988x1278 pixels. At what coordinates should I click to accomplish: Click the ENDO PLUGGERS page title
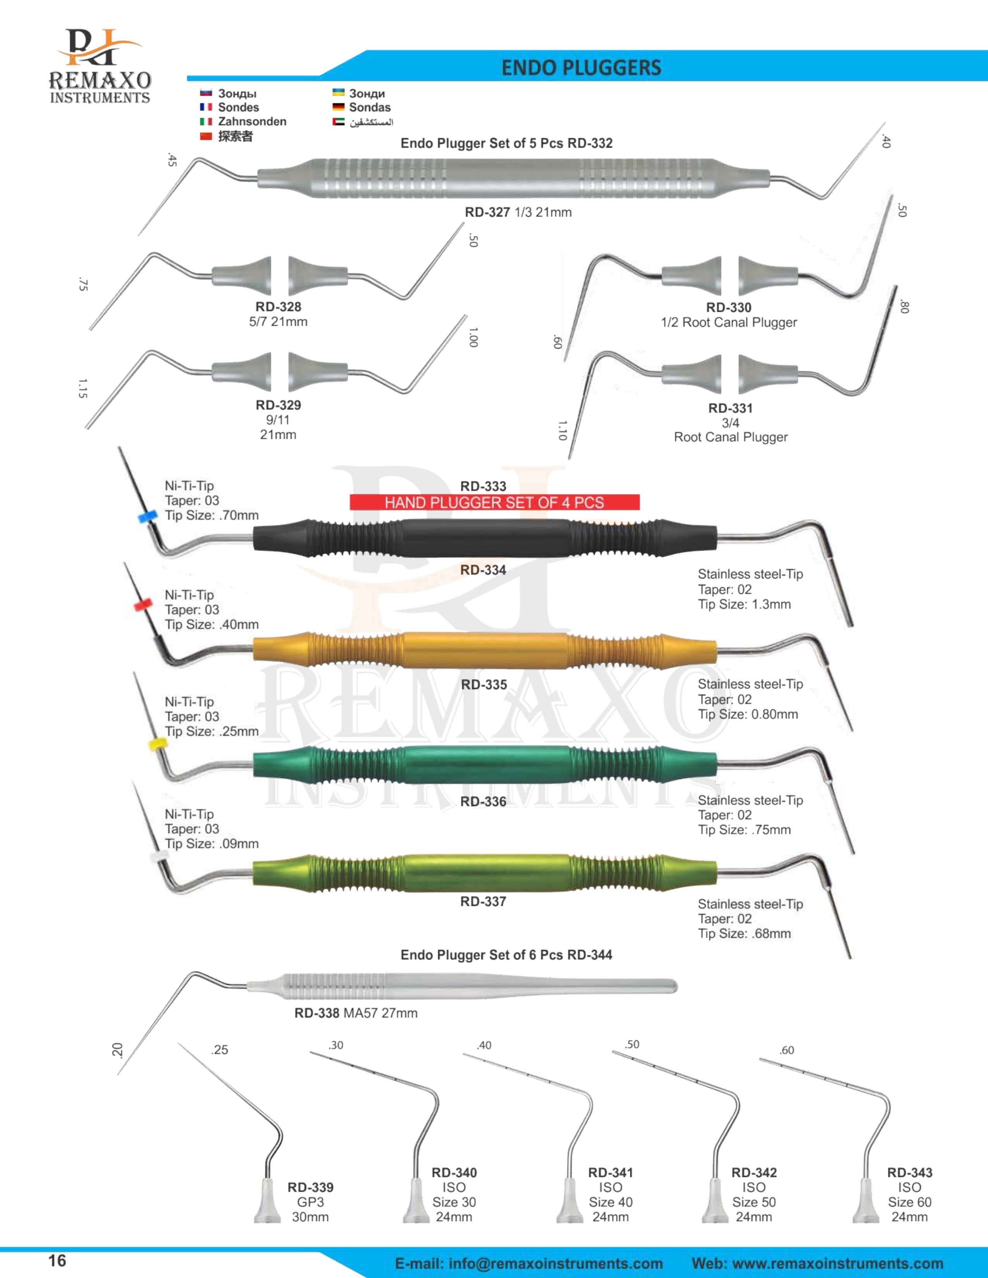point(581,68)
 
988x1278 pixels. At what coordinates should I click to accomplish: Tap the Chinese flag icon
point(205,136)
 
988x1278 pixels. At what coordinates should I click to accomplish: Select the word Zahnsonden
point(252,122)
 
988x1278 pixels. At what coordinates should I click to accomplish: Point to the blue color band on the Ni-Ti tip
point(147,517)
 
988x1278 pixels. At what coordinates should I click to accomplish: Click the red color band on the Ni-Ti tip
point(142,605)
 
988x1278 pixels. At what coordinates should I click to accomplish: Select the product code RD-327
point(487,212)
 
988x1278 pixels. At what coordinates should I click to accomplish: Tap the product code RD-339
point(310,1187)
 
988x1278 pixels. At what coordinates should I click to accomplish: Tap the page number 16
point(57,1261)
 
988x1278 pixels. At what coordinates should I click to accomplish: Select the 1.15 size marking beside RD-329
point(83,388)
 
